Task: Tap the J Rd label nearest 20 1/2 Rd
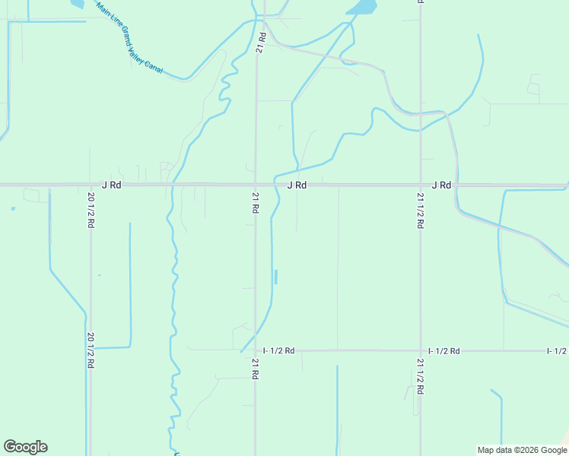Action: [x=111, y=185]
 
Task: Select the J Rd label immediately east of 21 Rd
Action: [x=297, y=185]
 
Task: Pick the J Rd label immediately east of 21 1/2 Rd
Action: [x=441, y=185]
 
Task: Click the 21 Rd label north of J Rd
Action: [x=261, y=43]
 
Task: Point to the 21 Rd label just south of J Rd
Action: [x=256, y=203]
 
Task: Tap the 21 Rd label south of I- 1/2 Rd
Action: [x=256, y=370]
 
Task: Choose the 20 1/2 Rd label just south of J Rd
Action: [x=91, y=206]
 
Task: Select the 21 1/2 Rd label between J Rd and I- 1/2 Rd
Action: [x=420, y=211]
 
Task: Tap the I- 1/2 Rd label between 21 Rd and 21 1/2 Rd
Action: [x=278, y=350]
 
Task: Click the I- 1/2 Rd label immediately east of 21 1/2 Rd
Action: [x=444, y=350]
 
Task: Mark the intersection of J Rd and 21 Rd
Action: [x=256, y=185]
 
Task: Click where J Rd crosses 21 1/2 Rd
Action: [x=420, y=185]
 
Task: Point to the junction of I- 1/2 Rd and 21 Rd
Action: [x=256, y=350]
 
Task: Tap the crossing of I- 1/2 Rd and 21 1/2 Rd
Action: [x=420, y=350]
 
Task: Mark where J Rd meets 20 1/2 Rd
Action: [x=91, y=185]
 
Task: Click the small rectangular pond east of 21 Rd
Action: [x=275, y=277]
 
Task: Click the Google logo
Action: [x=25, y=447]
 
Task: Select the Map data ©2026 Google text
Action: [x=521, y=450]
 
